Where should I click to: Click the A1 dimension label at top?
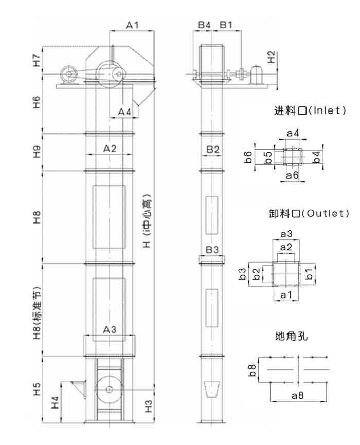tap(132, 24)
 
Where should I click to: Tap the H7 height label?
tap(36, 60)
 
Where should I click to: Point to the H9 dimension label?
tap(36, 152)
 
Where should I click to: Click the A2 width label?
tap(110, 149)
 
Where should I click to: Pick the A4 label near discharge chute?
tap(124, 112)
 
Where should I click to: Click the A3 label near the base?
tap(110, 329)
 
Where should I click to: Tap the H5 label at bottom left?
tap(36, 388)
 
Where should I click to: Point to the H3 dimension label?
tap(149, 406)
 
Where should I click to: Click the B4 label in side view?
tap(204, 24)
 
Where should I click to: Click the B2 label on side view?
tap(213, 149)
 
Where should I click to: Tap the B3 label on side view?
tap(212, 250)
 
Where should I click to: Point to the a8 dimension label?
tap(298, 396)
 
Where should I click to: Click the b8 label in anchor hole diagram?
tap(252, 370)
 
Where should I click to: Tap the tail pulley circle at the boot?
tap(109, 389)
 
